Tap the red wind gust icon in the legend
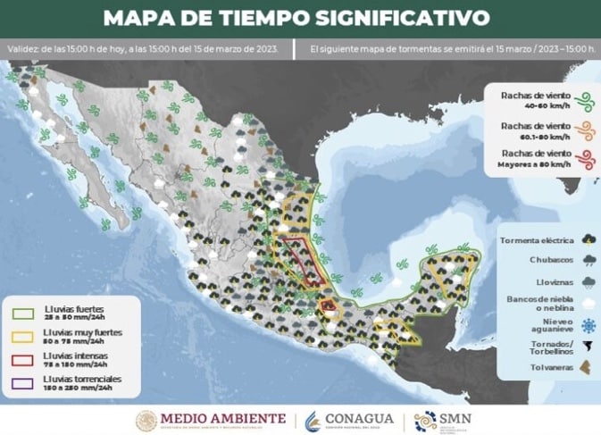click(x=581, y=160)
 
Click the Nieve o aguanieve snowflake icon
click(x=587, y=323)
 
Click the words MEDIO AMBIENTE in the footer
click(x=223, y=418)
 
